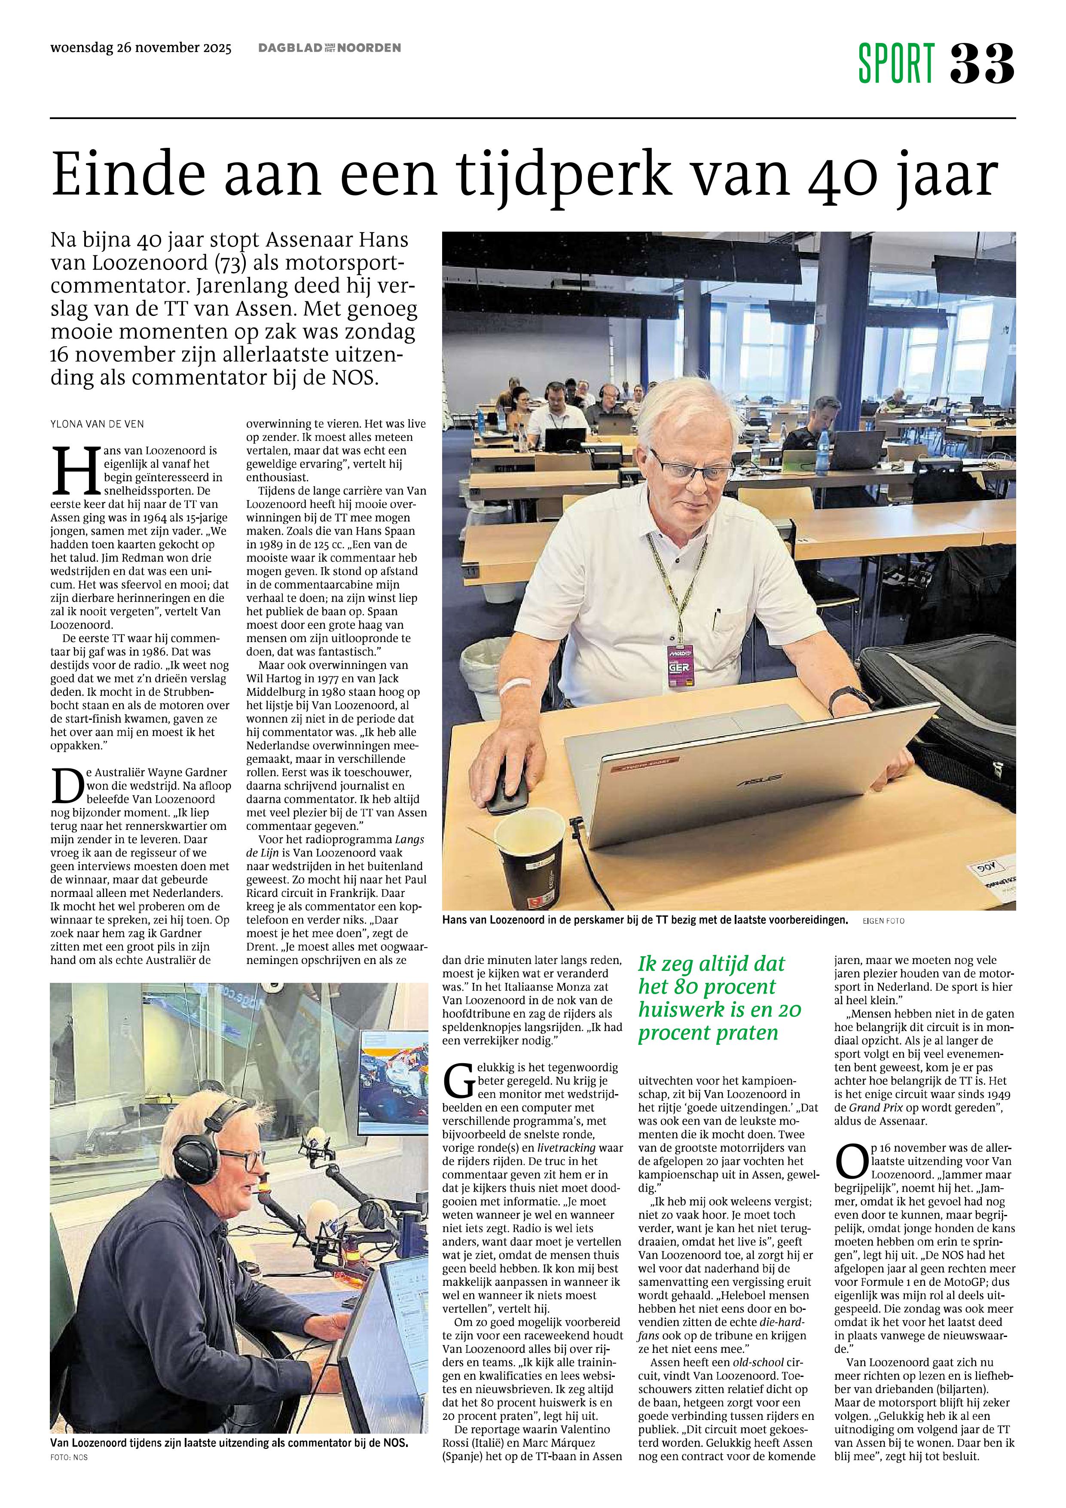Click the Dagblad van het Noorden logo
(x=329, y=48)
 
